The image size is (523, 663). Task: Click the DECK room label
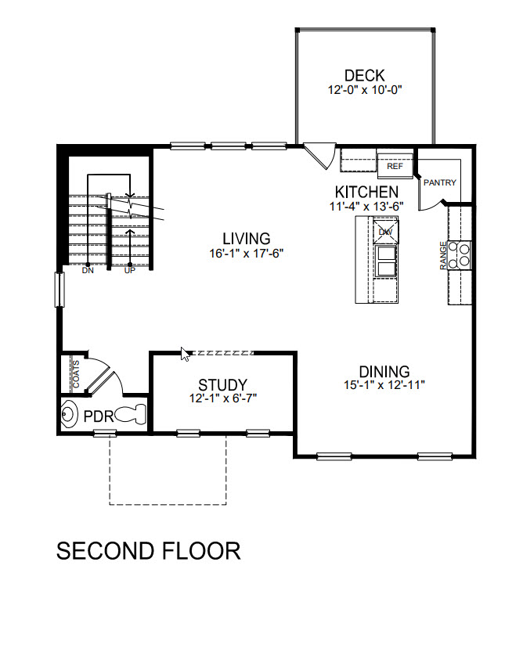(365, 76)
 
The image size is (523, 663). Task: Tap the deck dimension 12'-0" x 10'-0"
(365, 90)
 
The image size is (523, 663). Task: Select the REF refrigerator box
(395, 166)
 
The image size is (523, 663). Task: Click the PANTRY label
(440, 183)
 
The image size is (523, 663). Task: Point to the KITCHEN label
(366, 192)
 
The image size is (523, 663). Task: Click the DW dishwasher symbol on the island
(385, 232)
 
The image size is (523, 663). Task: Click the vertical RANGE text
(444, 255)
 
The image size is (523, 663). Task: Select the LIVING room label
(246, 239)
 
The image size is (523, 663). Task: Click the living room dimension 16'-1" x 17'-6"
(246, 253)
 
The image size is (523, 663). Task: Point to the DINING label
(384, 372)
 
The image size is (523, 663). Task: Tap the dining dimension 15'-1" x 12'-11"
(384, 386)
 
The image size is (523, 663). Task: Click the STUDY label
(222, 385)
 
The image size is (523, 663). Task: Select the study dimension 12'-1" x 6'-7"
(222, 398)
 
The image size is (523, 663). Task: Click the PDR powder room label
(99, 415)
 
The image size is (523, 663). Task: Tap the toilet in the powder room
(132, 413)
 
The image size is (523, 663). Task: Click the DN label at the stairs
(88, 271)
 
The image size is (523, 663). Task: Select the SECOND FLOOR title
(148, 550)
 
